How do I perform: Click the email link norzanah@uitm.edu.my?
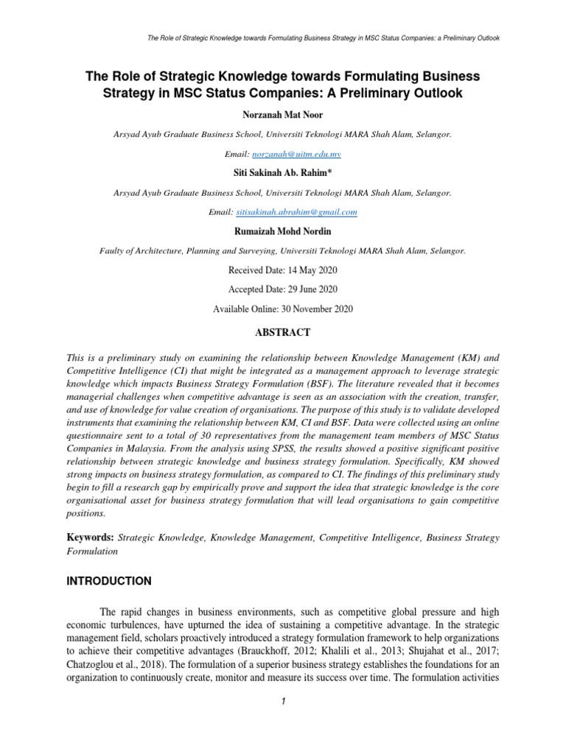296,155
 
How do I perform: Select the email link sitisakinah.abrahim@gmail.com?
296,212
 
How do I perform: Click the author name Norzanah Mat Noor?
282,116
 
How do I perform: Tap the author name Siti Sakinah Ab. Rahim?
282,173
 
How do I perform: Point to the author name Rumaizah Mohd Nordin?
282,231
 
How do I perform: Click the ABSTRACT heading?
282,332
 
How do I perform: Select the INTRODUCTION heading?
109,581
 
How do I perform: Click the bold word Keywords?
90,538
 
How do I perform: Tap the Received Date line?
282,270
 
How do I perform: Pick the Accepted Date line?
282,289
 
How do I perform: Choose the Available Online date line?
282,309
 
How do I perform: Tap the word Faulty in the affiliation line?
113,251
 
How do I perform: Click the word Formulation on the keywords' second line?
91,551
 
